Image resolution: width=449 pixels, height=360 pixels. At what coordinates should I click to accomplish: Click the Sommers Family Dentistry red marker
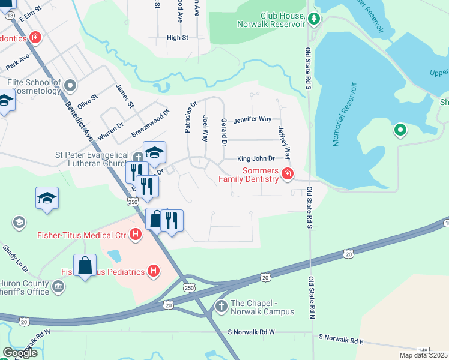288,175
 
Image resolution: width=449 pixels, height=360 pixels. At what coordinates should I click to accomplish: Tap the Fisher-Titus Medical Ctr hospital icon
136,235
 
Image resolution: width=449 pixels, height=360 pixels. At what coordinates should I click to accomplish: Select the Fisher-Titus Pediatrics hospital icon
154,271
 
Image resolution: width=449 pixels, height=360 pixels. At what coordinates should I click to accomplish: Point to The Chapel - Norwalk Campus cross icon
221,307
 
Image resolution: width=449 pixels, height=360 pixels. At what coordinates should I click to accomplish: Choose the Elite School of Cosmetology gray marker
71,85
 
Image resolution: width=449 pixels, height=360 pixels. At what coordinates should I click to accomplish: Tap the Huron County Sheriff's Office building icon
58,287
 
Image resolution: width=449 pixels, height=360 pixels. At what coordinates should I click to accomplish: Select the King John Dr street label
256,159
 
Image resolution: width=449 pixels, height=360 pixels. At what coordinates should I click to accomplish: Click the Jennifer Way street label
253,119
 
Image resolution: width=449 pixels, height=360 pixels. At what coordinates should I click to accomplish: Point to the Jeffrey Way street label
284,141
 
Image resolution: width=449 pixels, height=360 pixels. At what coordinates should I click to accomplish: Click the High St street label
177,37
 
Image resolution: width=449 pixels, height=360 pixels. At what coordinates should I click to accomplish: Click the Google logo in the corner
20,353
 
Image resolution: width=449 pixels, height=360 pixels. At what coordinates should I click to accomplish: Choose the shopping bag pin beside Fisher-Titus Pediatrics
85,264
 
